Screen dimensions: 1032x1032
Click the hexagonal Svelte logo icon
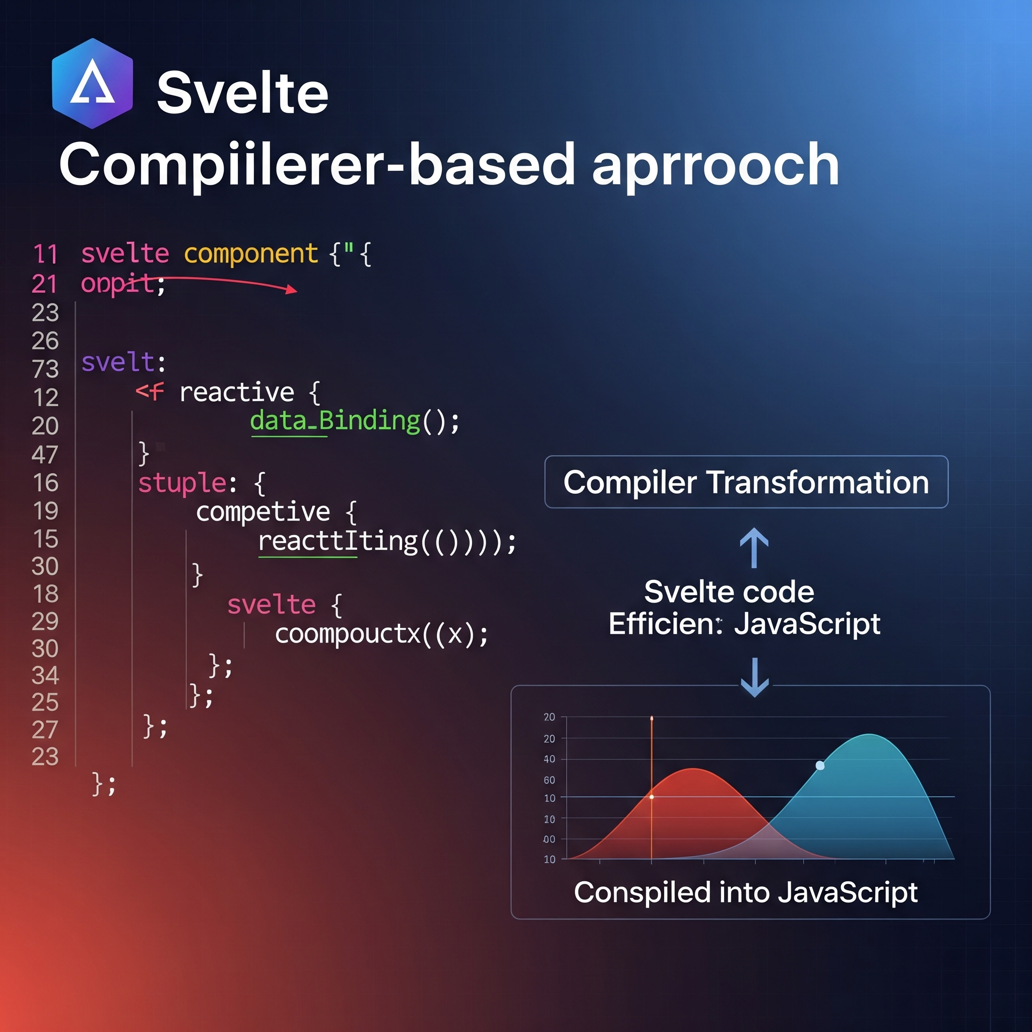pos(92,83)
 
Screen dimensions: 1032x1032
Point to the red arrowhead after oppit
pos(291,290)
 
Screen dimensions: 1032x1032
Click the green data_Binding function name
pos(335,421)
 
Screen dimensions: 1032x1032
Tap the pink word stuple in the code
pos(182,483)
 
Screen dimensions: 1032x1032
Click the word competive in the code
pos(263,512)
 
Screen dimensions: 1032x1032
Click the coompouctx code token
pos(348,634)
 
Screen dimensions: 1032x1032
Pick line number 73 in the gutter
pos(45,369)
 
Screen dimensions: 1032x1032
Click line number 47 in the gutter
pos(45,455)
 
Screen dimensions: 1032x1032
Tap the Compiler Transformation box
pos(746,482)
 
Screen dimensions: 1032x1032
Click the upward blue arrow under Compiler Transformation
pos(754,548)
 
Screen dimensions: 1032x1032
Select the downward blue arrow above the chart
pos(754,677)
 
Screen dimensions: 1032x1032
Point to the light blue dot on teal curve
pos(820,765)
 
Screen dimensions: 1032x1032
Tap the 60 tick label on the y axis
pos(549,781)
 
